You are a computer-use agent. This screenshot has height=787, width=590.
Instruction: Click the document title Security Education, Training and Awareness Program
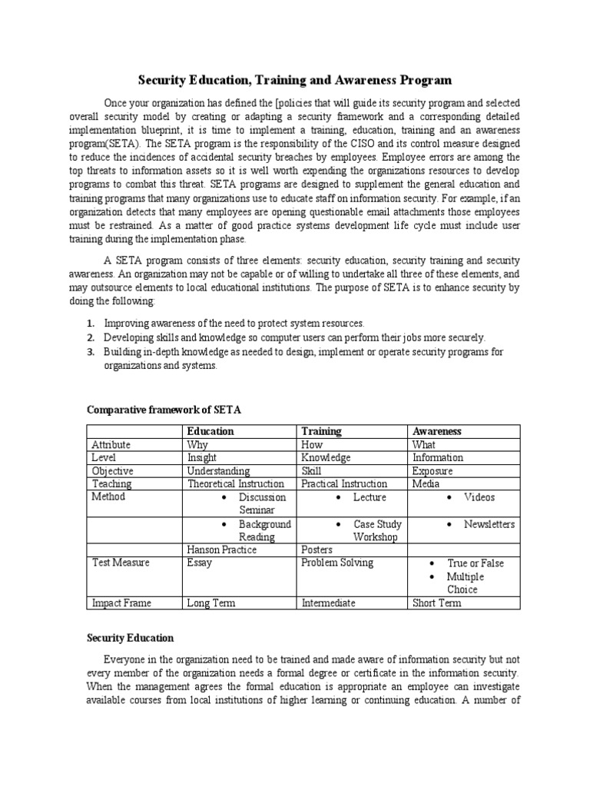[294, 79]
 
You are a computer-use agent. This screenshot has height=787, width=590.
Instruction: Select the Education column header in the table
[210, 431]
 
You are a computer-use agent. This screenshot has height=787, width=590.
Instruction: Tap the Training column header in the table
[321, 431]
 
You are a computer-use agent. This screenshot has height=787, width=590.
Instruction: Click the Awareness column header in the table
[437, 431]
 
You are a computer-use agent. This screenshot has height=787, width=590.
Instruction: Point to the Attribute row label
[111, 444]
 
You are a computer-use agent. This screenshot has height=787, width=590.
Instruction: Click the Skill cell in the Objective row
[311, 470]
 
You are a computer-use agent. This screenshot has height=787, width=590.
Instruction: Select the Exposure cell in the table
[433, 470]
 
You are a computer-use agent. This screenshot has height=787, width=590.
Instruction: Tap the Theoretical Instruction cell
[236, 483]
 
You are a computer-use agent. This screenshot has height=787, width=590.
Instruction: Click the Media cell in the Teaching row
[426, 483]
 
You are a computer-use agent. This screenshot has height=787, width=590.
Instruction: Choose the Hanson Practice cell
[222, 550]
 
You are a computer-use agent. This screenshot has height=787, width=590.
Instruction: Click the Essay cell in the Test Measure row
[200, 563]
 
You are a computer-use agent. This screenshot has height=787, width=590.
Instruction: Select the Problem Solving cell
[337, 563]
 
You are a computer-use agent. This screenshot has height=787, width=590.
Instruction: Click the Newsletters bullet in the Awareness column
[489, 524]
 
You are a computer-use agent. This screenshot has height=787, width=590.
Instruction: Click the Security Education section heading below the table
[131, 638]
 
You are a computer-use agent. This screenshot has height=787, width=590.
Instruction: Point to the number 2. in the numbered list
[90, 337]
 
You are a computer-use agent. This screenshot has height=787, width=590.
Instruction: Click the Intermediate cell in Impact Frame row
[328, 603]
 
